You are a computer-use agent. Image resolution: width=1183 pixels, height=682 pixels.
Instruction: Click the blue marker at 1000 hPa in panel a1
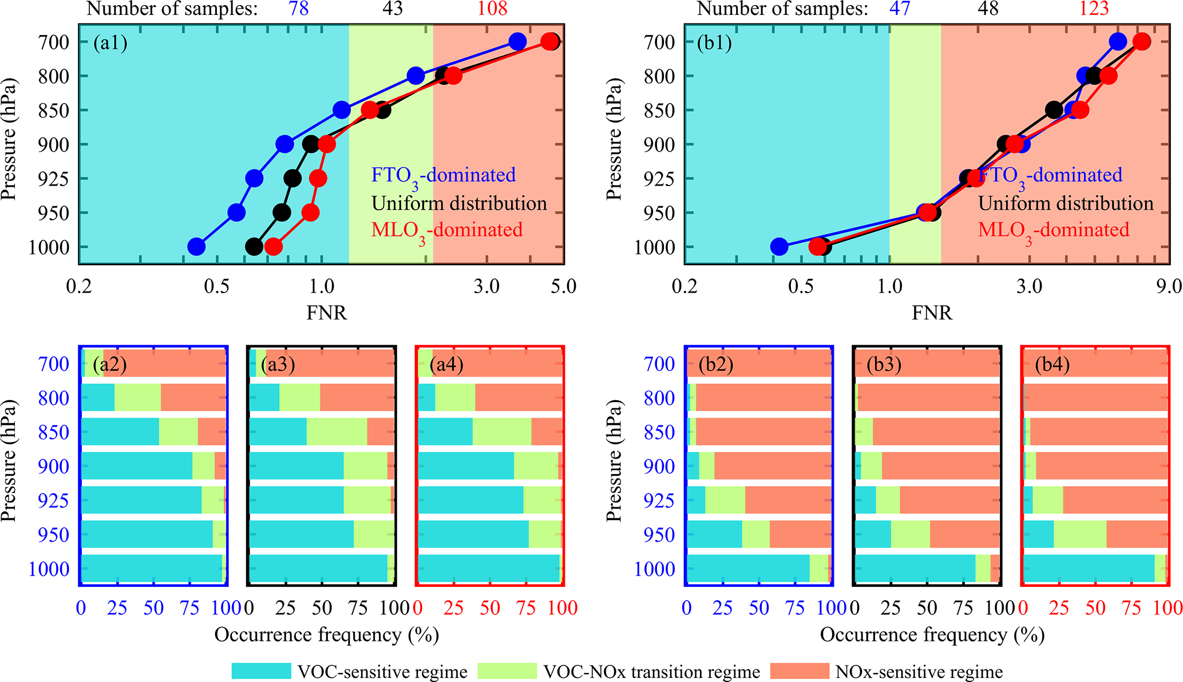[x=196, y=247]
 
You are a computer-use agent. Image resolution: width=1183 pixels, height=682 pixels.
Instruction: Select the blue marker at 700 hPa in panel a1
[x=517, y=42]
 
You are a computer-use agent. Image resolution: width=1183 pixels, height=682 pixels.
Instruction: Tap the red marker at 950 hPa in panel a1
[x=310, y=212]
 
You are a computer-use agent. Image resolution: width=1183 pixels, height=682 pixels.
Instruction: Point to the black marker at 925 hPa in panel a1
[x=292, y=179]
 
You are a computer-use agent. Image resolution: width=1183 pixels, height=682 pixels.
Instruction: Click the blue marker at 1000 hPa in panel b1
[x=779, y=247]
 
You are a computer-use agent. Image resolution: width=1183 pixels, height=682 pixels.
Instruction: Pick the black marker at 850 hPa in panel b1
[x=1054, y=110]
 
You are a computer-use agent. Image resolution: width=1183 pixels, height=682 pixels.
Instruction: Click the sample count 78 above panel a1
[x=299, y=9]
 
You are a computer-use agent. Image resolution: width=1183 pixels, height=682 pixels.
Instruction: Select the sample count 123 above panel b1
[x=1094, y=9]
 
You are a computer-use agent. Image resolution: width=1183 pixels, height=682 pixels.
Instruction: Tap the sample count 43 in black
[x=392, y=9]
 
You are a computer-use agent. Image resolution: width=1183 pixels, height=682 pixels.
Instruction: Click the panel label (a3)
[x=278, y=364]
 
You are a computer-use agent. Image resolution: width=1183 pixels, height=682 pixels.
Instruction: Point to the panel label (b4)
[x=1052, y=364]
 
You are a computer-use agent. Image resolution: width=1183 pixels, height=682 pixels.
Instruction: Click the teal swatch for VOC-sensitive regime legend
[x=261, y=671]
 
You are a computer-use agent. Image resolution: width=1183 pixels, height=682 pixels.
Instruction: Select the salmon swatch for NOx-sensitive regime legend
[x=800, y=671]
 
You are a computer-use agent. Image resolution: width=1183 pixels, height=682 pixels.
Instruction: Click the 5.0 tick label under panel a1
[x=563, y=286]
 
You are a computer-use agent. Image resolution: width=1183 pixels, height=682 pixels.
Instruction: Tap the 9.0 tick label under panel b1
[x=1168, y=286]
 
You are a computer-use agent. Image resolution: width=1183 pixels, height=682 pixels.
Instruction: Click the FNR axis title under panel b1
[x=932, y=313]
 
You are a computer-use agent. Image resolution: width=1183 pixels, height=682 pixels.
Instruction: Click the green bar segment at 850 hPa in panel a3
[x=337, y=432]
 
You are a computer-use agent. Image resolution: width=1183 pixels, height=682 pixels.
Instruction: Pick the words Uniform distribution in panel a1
[x=459, y=203]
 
